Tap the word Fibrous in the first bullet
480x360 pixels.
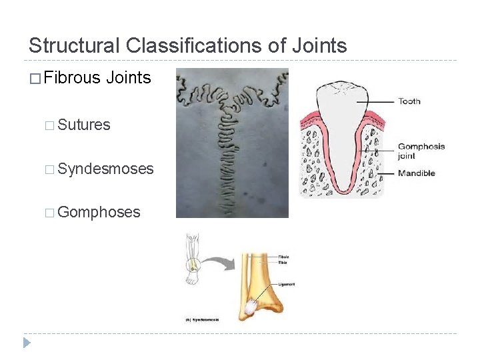pos(71,78)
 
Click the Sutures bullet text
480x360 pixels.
pos(84,125)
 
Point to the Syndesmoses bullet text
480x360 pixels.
pos(105,169)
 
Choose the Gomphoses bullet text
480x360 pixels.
pos(99,212)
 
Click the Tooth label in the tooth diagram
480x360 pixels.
pos(409,101)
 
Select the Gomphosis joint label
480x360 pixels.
pos(421,151)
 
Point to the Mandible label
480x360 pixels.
pos(416,173)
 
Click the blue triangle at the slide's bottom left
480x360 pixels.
pos(27,343)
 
